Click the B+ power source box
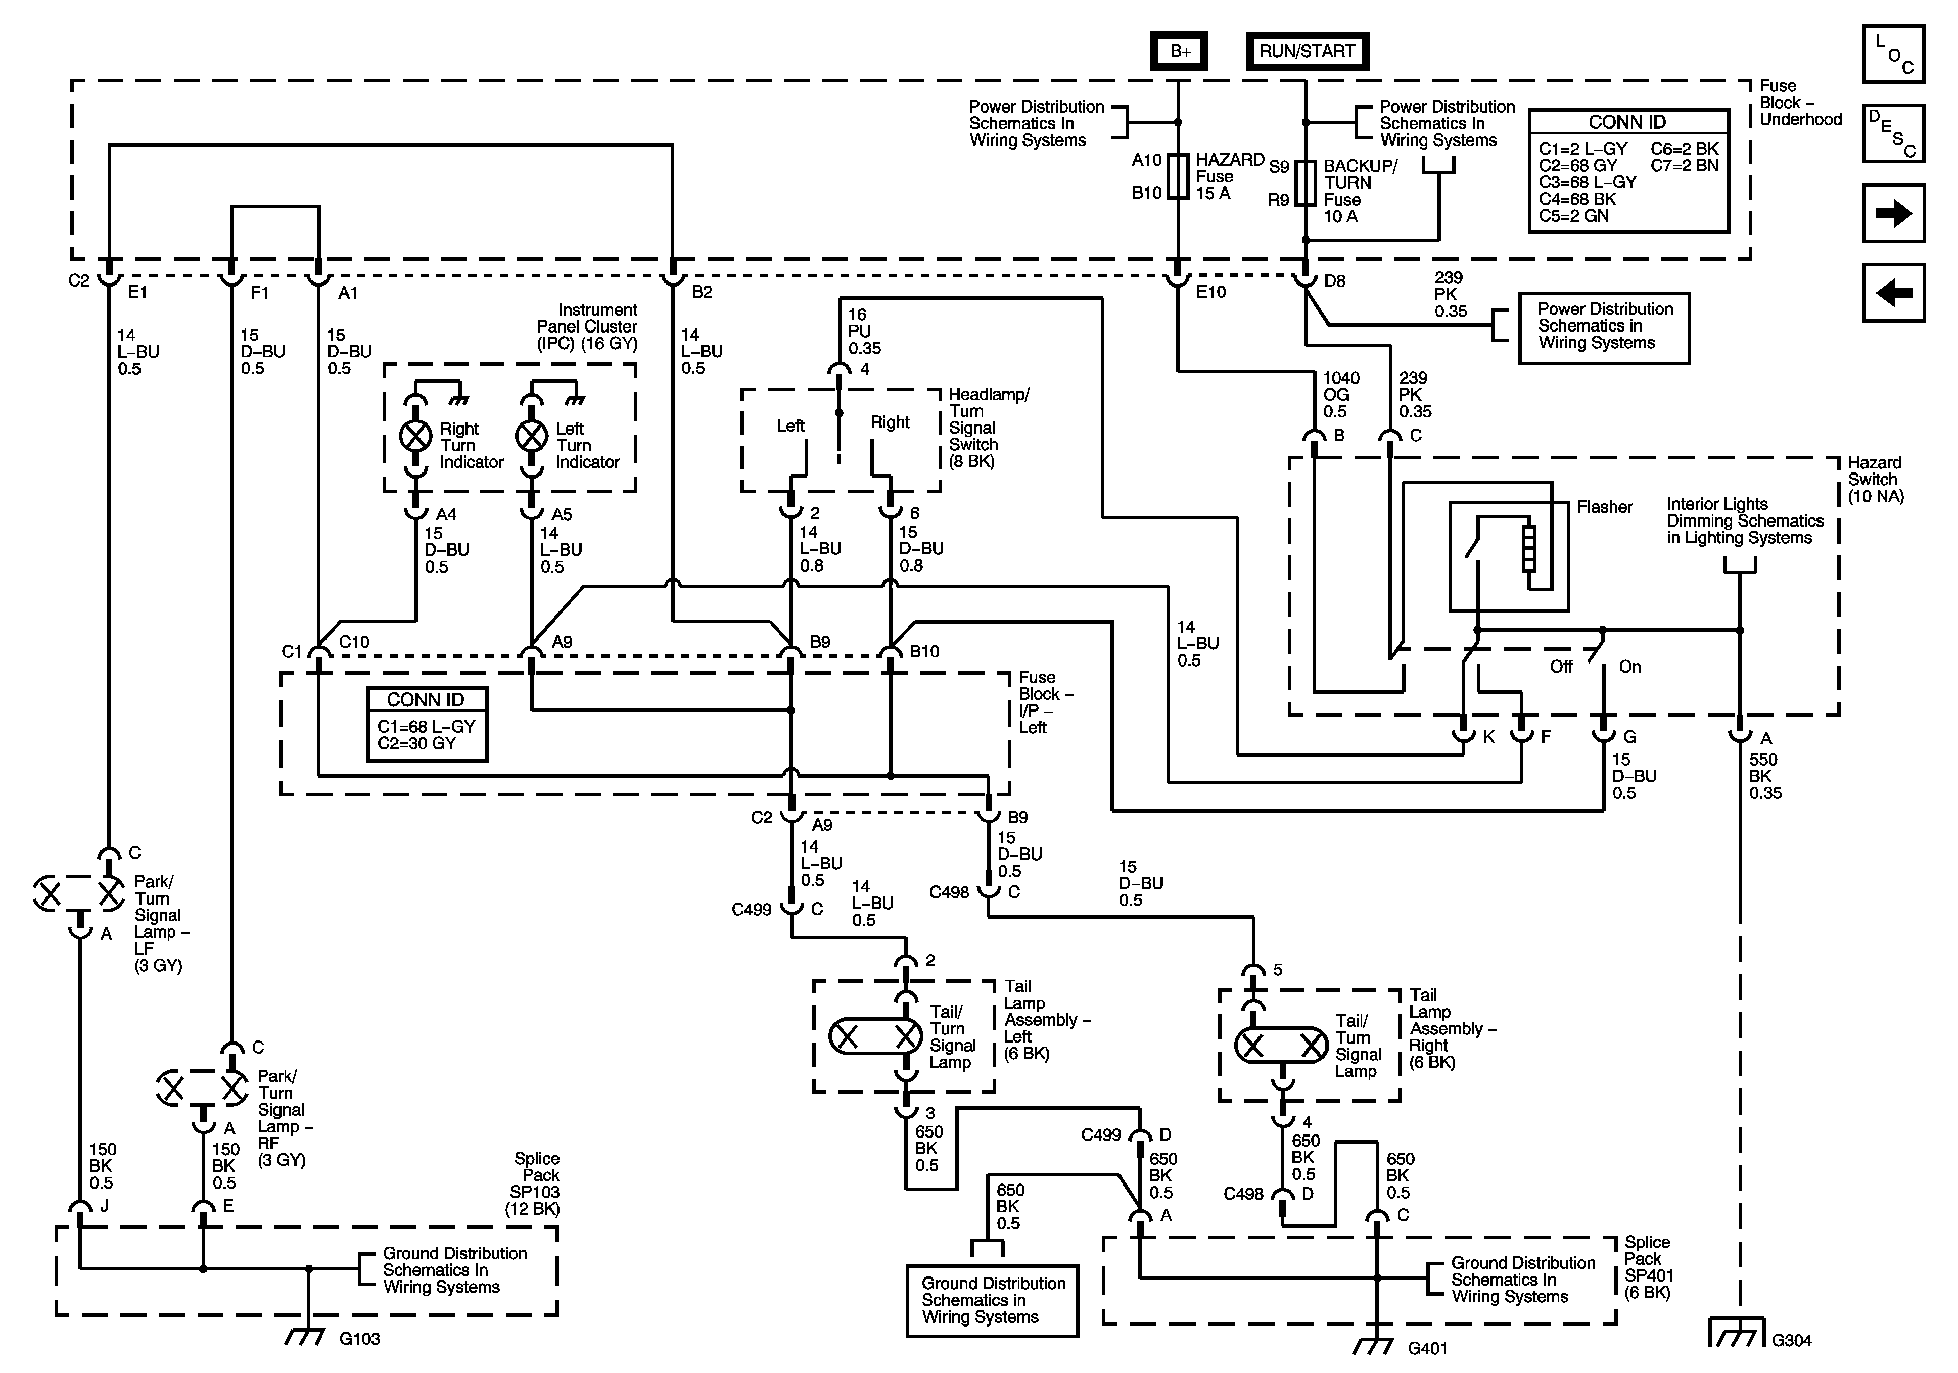click(1180, 51)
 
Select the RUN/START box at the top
click(1307, 51)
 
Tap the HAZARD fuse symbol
click(1178, 176)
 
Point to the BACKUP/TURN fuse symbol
click(1306, 182)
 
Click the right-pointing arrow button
click(1893, 213)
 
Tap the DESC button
click(1893, 133)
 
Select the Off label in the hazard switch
click(1561, 667)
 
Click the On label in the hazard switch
click(1629, 667)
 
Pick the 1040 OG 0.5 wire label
click(1340, 395)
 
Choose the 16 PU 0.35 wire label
click(864, 332)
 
